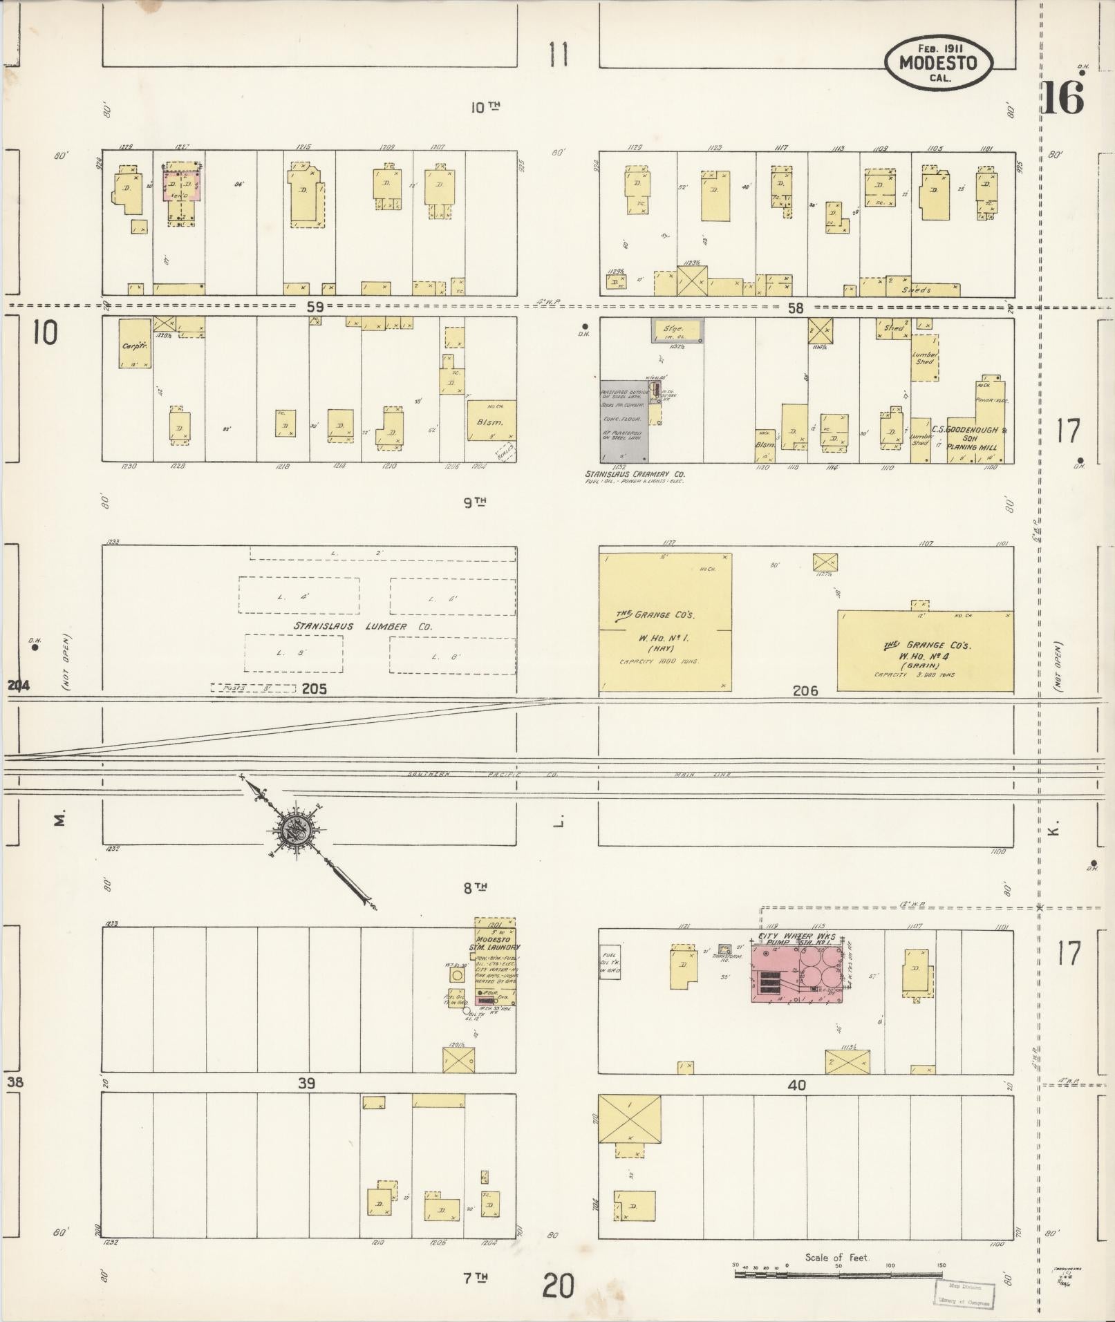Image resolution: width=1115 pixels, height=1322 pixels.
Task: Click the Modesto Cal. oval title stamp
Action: pos(938,63)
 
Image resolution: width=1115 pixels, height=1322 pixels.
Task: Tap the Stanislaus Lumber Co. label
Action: pos(362,626)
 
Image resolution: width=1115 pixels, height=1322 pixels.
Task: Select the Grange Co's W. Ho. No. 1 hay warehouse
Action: pos(664,621)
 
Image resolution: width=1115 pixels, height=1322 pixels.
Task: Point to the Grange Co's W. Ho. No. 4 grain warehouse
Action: pos(925,650)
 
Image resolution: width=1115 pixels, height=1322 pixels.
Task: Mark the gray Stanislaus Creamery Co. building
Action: pos(624,421)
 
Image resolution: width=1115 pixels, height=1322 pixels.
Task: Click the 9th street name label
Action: pos(474,503)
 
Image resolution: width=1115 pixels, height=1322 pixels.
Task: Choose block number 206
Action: pos(805,690)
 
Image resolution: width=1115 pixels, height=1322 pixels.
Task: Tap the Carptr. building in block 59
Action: pos(134,343)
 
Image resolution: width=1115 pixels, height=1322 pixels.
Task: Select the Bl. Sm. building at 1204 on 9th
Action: pos(491,420)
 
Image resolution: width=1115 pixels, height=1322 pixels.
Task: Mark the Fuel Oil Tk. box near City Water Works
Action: pos(609,961)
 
